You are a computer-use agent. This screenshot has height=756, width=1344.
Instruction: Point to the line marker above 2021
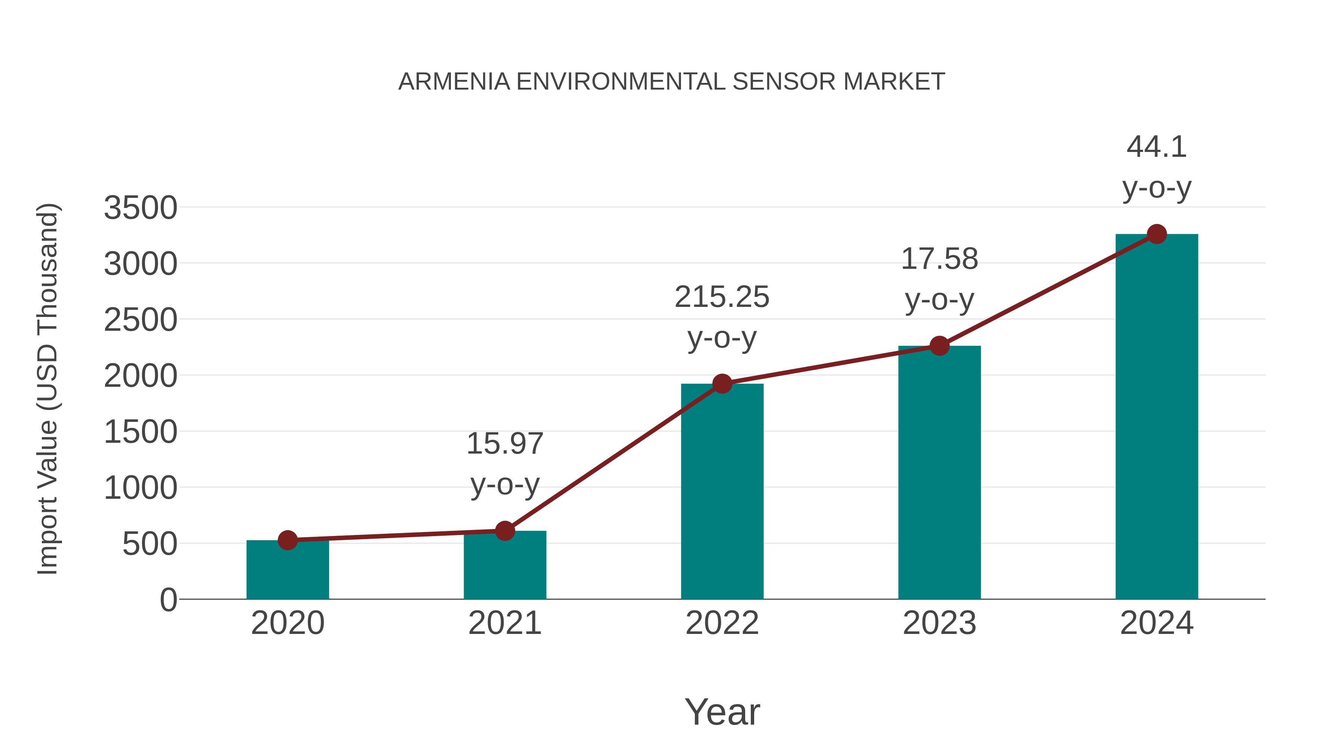[x=504, y=531]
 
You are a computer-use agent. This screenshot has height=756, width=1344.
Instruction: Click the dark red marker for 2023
[x=939, y=345]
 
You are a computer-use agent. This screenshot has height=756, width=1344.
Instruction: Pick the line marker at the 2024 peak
[x=1157, y=234]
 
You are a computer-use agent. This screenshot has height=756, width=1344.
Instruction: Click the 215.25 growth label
[x=722, y=298]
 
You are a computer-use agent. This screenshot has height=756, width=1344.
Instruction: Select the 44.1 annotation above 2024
[x=1157, y=147]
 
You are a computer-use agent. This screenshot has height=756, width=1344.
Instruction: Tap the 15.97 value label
[x=504, y=444]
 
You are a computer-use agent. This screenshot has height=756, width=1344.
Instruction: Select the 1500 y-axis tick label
[x=140, y=433]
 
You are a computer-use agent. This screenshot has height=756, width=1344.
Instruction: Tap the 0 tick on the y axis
[x=168, y=600]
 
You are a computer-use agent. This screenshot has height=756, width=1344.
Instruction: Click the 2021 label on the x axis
[x=504, y=623]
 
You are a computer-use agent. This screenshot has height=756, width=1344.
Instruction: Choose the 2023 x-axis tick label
[x=939, y=623]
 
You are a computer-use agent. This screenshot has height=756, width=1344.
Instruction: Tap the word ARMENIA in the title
[x=454, y=82]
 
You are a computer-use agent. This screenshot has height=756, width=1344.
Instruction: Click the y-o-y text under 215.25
[x=722, y=339]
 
